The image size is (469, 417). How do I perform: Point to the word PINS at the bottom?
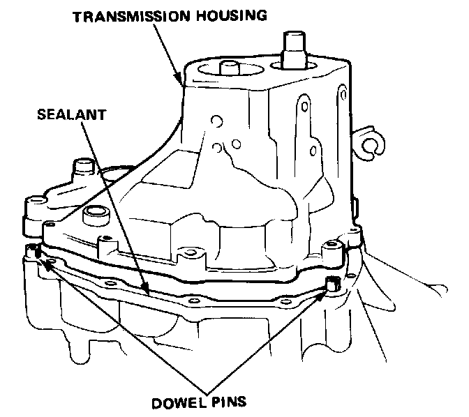[x=225, y=402]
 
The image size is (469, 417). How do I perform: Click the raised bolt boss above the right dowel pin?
[x=332, y=245]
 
